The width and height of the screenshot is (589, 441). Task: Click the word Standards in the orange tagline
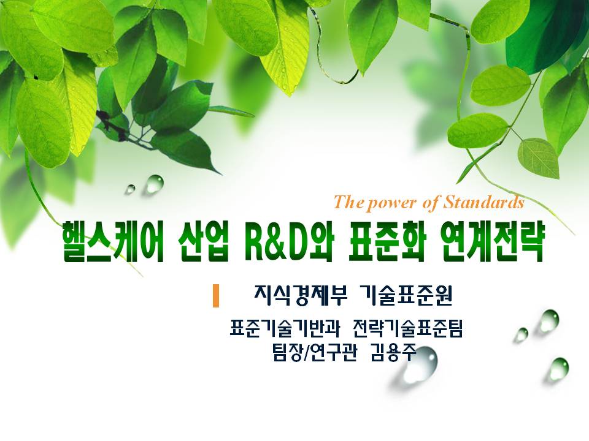484,202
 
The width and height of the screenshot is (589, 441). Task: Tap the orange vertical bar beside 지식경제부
215,296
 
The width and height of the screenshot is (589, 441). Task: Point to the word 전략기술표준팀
408,328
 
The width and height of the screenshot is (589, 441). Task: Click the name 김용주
393,353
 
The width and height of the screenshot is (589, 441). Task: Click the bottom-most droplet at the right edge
558,368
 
